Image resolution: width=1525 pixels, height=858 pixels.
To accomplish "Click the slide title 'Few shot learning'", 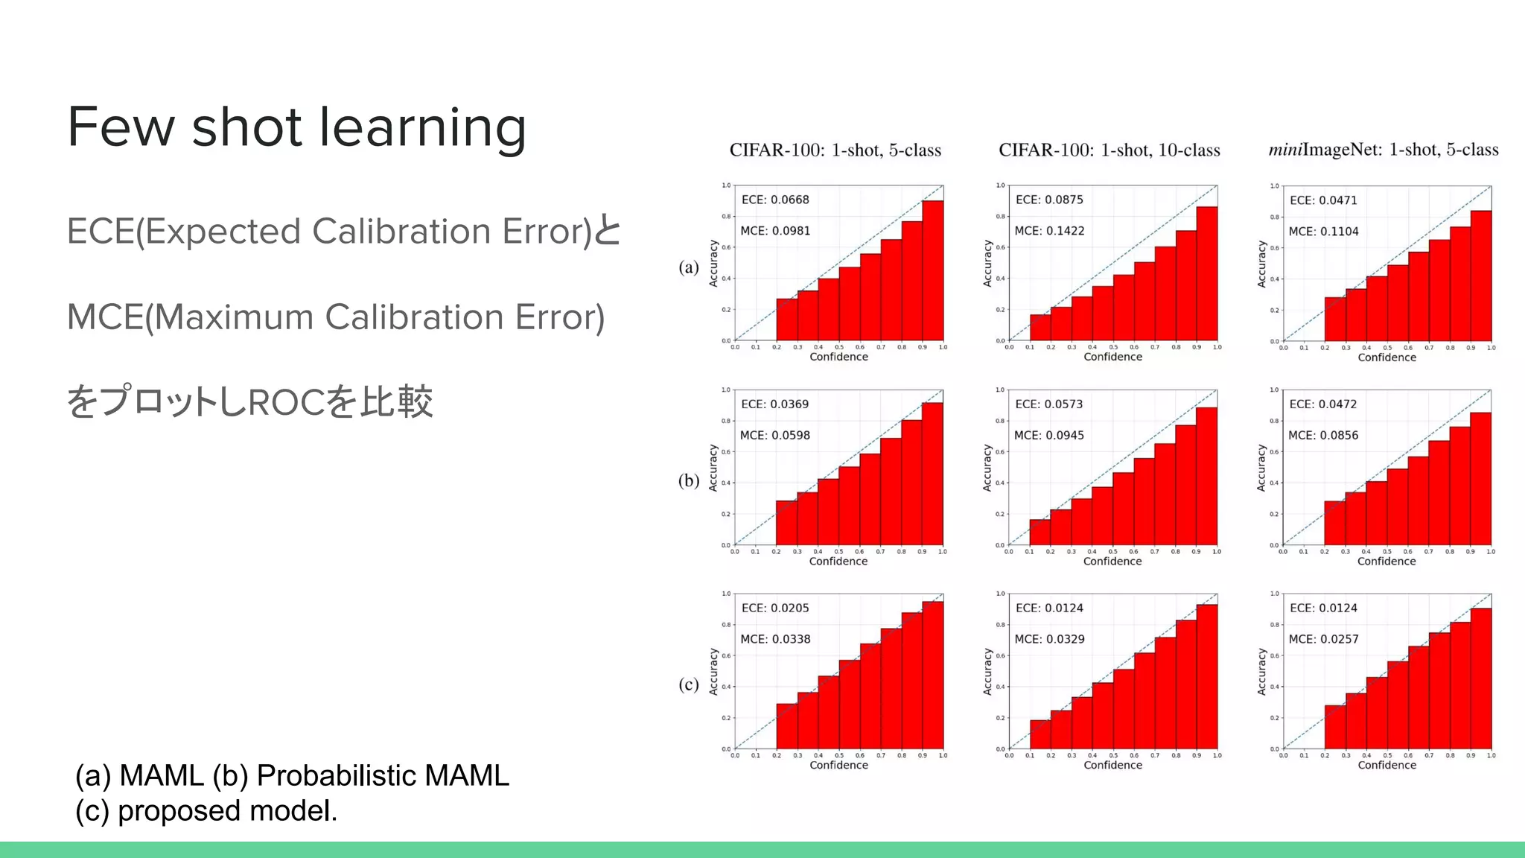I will tap(296, 127).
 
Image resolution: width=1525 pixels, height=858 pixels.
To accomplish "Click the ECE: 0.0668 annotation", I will tap(774, 200).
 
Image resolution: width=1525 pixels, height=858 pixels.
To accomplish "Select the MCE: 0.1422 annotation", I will tap(1049, 231).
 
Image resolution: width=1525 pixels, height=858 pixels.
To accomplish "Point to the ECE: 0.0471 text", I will tap(1323, 200).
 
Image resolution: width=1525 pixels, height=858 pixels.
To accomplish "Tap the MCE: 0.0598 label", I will tap(774, 435).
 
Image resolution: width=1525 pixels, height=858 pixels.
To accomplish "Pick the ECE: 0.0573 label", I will tap(1048, 404).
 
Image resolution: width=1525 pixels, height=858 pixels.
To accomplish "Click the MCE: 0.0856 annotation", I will tap(1323, 435).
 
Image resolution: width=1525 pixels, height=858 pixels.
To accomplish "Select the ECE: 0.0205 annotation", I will tap(774, 608).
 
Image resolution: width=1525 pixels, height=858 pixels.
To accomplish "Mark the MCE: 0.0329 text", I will tap(1049, 639).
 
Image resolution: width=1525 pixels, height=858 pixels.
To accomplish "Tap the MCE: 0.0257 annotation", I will tap(1323, 639).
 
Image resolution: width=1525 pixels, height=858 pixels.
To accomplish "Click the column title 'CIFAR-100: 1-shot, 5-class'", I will tap(835, 150).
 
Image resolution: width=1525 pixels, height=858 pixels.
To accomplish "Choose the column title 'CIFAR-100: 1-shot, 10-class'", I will tap(1109, 150).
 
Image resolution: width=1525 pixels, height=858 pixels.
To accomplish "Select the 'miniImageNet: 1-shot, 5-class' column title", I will tap(1383, 150).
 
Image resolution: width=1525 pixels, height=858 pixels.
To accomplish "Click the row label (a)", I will tap(689, 267).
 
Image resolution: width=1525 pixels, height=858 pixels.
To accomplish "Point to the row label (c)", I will tap(689, 684).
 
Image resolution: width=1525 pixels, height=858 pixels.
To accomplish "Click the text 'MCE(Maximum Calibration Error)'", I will tap(335, 317).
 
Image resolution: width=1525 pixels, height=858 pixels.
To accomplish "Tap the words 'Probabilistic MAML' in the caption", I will tap(383, 776).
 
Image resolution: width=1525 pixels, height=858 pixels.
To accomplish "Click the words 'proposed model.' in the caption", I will tap(227, 811).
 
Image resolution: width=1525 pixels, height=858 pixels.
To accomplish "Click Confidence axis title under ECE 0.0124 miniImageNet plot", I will tap(1386, 765).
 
